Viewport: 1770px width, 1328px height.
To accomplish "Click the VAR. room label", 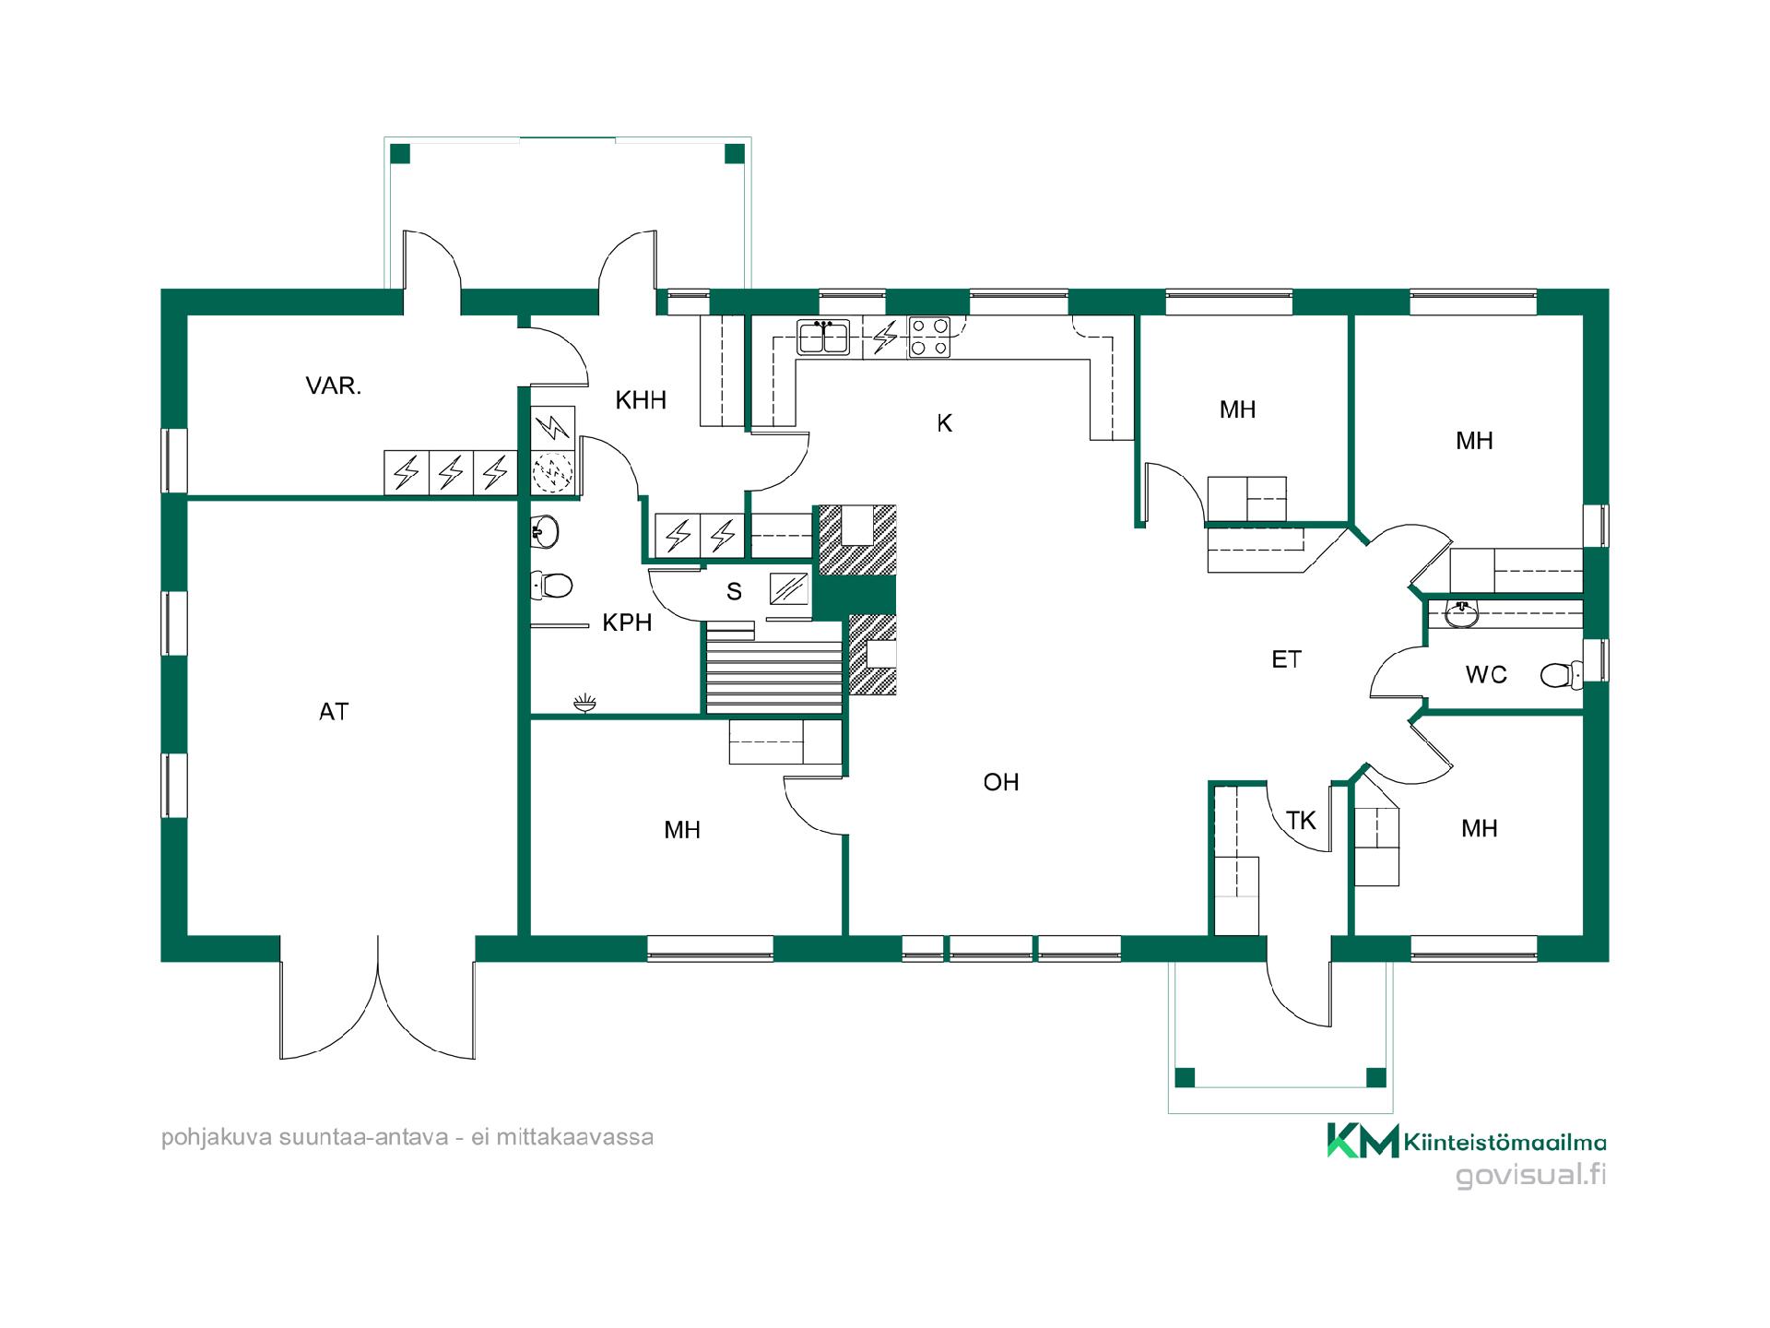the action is click(x=333, y=385).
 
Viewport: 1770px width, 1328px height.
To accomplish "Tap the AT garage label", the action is click(x=334, y=711).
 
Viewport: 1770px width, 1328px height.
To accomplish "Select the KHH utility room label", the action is click(x=641, y=400).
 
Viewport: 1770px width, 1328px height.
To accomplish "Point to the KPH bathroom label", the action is click(x=627, y=622).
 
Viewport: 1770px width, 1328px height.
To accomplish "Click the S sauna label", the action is click(x=734, y=591).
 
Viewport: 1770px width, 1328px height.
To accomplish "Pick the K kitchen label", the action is click(x=944, y=423).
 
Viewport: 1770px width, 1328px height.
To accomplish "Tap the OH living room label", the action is click(x=1001, y=782).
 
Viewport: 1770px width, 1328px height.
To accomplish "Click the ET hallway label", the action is click(x=1286, y=659).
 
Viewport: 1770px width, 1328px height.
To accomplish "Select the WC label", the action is click(x=1486, y=675).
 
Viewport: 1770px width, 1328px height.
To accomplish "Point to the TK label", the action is click(x=1301, y=820).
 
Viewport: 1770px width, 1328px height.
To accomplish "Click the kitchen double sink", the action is click(x=823, y=338).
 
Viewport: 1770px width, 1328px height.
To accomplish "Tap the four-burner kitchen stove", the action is click(x=929, y=337).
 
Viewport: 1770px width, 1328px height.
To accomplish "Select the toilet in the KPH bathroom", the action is click(x=551, y=585).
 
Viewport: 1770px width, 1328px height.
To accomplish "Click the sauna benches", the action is click(x=774, y=666).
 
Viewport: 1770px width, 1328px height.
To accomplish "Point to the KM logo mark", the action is click(x=1363, y=1141).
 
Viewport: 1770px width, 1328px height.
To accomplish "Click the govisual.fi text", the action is click(x=1530, y=1176).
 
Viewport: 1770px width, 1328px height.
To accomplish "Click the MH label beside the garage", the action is click(x=682, y=830).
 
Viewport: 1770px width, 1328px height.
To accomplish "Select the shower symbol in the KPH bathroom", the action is click(x=584, y=705).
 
